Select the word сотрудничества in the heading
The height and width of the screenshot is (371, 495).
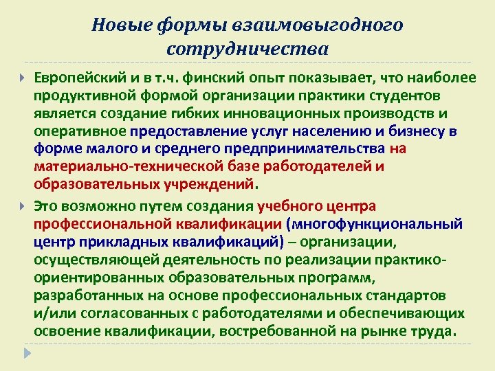247,49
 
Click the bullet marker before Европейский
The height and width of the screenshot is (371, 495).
23,78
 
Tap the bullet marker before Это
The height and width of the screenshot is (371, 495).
23,205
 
